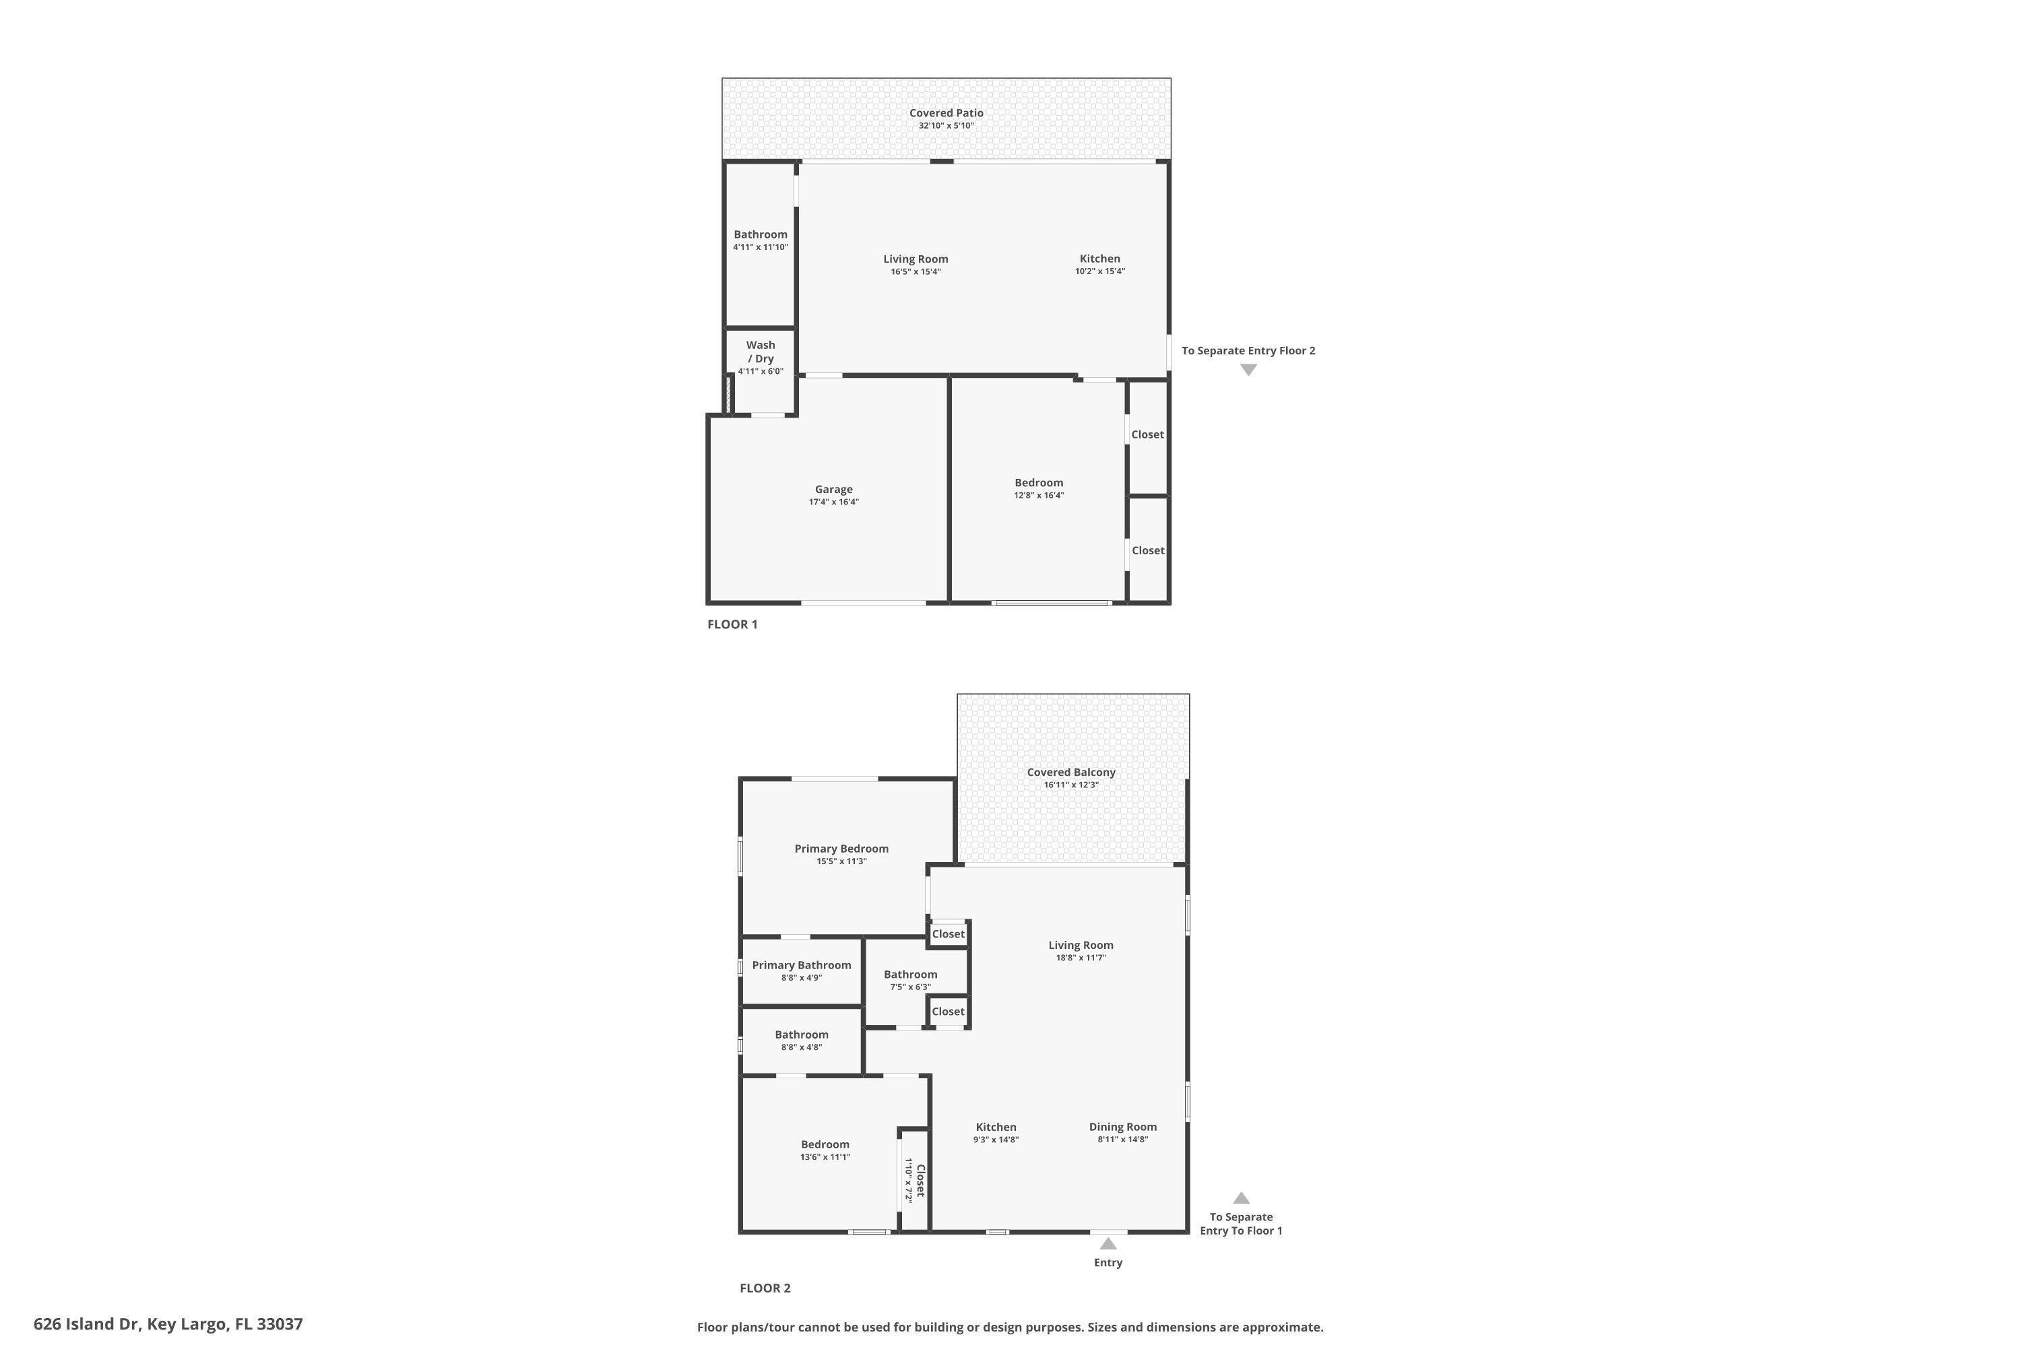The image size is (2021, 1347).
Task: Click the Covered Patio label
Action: pos(946,112)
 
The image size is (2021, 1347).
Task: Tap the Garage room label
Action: pos(833,489)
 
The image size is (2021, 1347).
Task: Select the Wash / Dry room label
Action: pos(761,352)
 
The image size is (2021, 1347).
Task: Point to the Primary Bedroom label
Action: pos(841,848)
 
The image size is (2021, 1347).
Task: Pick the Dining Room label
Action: pos(1122,1126)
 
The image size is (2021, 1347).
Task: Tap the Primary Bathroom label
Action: pos(801,964)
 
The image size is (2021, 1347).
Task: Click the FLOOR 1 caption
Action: pos(732,624)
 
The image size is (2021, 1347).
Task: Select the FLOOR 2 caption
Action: pos(765,1288)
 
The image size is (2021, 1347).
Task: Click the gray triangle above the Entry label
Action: pos(1108,1243)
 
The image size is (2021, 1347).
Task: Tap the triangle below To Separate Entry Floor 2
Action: pos(1248,369)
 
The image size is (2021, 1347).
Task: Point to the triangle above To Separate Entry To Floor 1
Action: pos(1241,1197)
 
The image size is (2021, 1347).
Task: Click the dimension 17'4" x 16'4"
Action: pos(833,502)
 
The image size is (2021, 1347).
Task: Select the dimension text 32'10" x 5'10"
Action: pos(946,125)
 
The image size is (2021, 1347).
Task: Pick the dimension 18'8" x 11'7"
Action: pos(1080,957)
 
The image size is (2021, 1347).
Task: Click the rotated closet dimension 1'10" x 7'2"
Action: pos(907,1181)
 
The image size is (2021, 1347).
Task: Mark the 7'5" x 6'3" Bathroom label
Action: pos(910,974)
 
